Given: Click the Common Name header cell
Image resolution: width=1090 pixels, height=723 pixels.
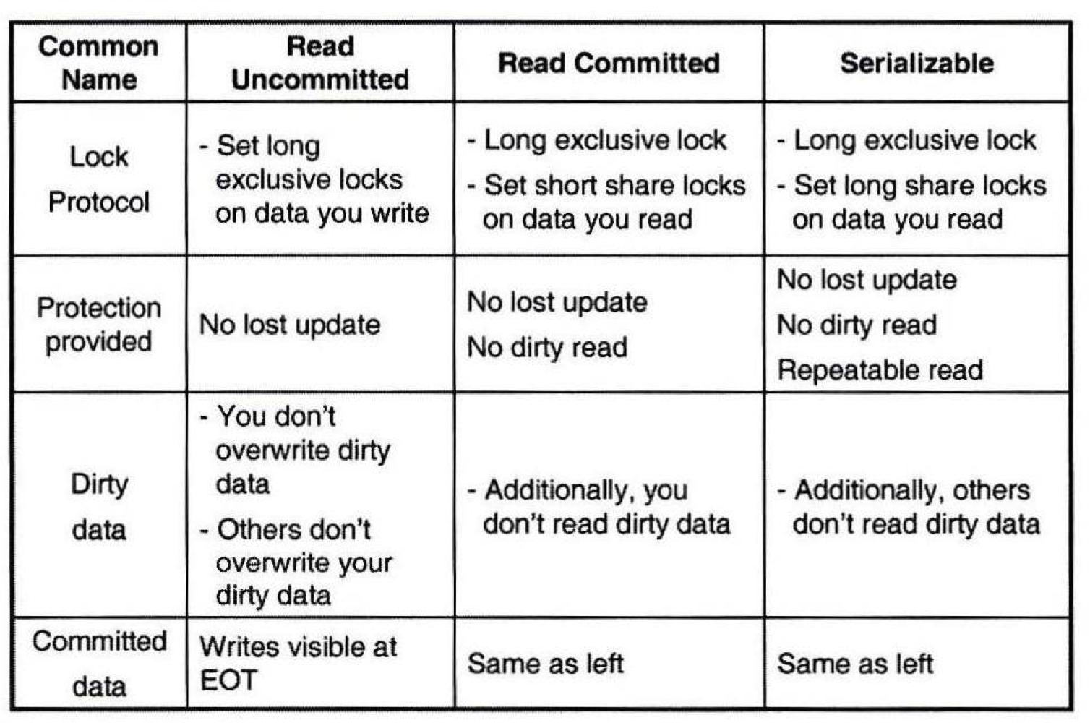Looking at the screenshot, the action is (x=99, y=63).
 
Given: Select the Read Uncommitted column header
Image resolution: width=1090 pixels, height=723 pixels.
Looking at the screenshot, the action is (x=320, y=63).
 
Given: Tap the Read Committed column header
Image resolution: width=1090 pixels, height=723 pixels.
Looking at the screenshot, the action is (x=609, y=63).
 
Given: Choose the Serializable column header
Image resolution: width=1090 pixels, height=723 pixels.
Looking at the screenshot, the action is (x=917, y=63).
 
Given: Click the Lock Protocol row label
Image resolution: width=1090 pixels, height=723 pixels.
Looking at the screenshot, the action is (x=99, y=179).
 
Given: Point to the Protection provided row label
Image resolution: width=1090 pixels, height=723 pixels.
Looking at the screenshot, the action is (x=99, y=324).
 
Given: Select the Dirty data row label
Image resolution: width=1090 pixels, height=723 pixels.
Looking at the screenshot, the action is (x=99, y=506).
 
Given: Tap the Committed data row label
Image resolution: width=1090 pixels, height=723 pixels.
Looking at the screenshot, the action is (x=99, y=663).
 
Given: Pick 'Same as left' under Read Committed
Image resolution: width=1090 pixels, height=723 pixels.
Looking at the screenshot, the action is (x=545, y=663).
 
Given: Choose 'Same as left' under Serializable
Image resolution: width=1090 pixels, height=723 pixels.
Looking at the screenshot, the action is (x=854, y=663).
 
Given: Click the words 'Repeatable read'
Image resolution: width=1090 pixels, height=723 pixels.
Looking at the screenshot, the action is (x=880, y=370).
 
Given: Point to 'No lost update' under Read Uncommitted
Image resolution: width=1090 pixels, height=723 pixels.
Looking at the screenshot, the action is (x=290, y=325).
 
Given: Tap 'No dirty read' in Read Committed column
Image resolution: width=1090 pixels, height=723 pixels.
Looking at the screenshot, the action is (x=547, y=348).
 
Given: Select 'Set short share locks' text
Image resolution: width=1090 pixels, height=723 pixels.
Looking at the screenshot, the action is (x=614, y=185).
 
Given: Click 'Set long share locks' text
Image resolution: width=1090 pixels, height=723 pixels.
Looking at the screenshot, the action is (x=919, y=185).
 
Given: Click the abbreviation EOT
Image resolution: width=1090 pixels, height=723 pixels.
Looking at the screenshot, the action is (x=228, y=680).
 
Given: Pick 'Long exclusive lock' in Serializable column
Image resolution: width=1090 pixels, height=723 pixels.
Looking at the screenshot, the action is (x=914, y=140).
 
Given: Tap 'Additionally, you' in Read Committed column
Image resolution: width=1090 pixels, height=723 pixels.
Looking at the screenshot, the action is (x=585, y=490).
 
